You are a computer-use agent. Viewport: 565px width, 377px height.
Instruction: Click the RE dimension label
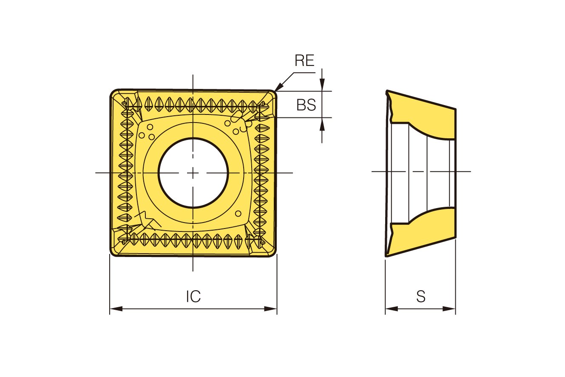coord(304,60)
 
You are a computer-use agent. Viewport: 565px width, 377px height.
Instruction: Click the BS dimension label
coord(306,105)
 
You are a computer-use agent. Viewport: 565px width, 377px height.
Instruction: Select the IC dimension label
coord(193,297)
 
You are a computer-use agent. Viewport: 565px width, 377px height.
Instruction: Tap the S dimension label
coord(421,297)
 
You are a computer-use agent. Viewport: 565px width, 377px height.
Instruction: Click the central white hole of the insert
coord(193,173)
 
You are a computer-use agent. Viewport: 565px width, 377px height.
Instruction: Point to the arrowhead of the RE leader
coord(278,87)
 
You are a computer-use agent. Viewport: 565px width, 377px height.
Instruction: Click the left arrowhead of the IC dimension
coord(116,309)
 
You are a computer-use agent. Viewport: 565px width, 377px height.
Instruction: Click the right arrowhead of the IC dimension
coord(270,309)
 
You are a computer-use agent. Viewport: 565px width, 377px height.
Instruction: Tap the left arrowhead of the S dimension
coord(392,309)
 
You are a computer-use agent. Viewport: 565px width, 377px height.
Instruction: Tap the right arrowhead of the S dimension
coord(449,309)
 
